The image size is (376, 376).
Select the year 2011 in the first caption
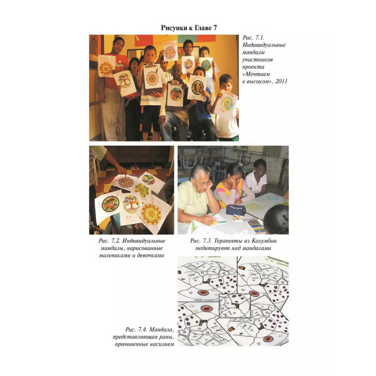coord(281,81)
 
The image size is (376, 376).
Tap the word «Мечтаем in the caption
coord(256,74)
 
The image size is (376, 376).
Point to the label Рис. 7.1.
coord(253,38)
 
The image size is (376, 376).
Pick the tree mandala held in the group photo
coord(125,83)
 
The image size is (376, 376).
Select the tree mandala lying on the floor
coord(131,204)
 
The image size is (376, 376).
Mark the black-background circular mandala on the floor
coord(110,204)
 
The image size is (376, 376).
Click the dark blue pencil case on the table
coord(235,210)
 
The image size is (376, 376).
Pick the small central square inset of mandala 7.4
coord(235,306)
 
